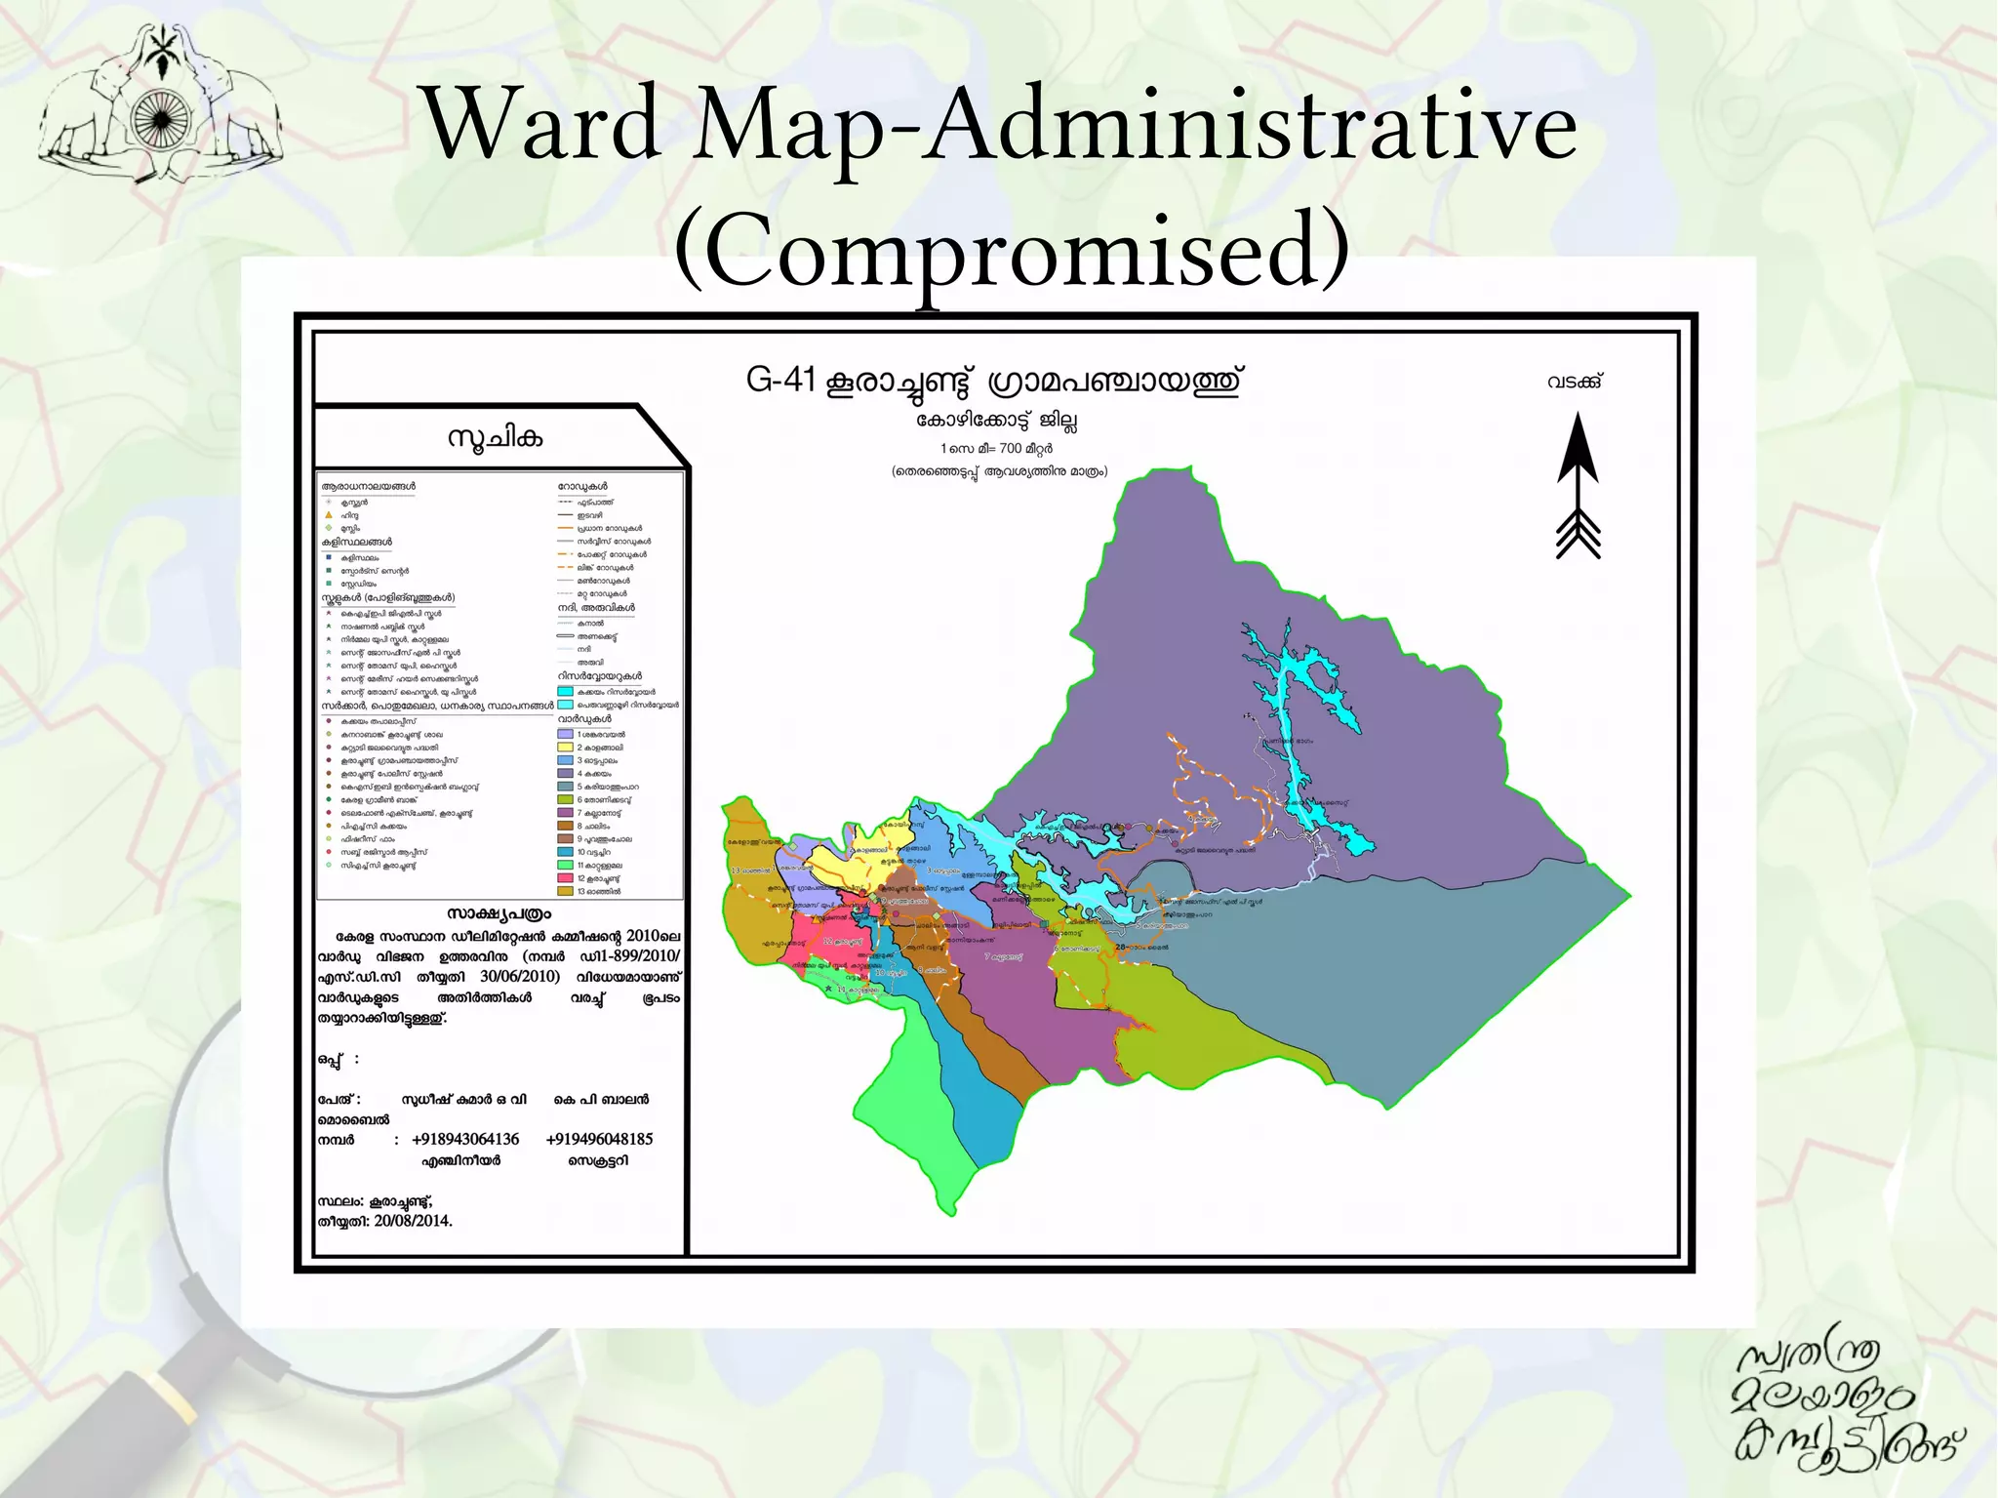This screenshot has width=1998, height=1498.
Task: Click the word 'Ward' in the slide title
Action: coord(542,125)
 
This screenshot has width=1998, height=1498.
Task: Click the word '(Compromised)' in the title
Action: coord(1012,249)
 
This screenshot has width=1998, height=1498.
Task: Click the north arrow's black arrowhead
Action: coord(1578,448)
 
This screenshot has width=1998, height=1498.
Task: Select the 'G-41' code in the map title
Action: coord(780,379)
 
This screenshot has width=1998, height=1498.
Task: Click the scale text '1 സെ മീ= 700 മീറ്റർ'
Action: coord(996,449)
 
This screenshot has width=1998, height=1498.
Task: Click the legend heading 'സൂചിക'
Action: coord(495,437)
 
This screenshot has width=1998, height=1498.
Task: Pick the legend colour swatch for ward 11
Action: coord(565,865)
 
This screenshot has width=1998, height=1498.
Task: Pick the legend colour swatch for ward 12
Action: coord(565,878)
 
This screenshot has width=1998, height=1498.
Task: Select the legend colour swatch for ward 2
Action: coord(565,747)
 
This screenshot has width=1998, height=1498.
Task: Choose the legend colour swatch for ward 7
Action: coord(565,812)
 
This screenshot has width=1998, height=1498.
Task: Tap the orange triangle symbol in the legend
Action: coord(329,514)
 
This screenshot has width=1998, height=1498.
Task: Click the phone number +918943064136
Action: coord(465,1139)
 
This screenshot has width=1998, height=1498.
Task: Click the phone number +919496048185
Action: coord(599,1139)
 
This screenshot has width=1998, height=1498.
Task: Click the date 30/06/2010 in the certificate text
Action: coord(519,976)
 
